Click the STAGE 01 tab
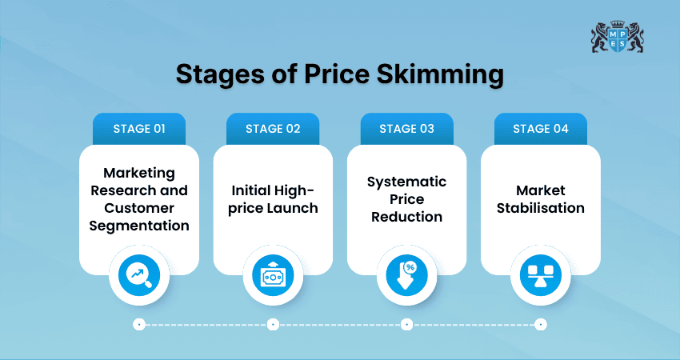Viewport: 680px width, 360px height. tap(139, 129)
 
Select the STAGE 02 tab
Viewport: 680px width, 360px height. tap(273, 129)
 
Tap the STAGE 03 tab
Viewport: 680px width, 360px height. tap(406, 129)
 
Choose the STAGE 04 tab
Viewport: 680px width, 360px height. tap(540, 129)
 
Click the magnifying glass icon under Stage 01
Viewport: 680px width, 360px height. tap(139, 275)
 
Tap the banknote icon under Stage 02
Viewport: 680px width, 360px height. tap(273, 275)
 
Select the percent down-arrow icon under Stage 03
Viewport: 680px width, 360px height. tap(406, 275)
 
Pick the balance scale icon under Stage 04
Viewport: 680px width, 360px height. tap(540, 275)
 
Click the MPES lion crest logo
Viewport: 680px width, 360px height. tap(617, 37)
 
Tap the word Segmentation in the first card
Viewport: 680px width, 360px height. tap(139, 226)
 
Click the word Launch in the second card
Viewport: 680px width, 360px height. tap(292, 209)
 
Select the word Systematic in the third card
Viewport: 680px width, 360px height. tap(406, 182)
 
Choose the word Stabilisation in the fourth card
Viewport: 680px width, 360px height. tap(540, 208)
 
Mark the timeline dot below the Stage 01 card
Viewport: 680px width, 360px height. tap(139, 325)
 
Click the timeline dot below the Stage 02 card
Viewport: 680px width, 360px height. tap(273, 325)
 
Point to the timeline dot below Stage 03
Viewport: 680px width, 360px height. tap(406, 325)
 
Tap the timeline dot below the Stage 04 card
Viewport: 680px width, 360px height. tap(540, 325)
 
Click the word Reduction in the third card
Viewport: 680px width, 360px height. tap(406, 217)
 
